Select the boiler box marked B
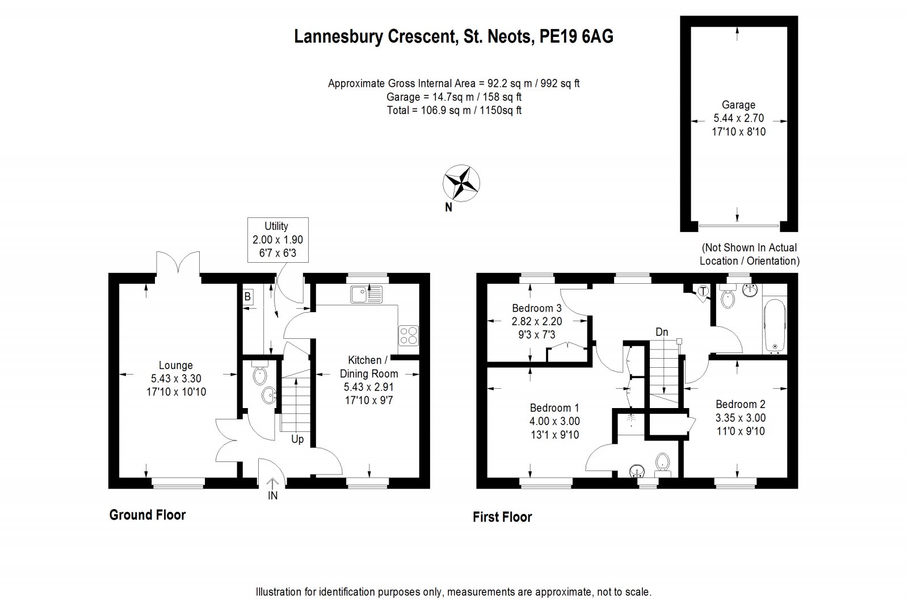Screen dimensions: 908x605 247,296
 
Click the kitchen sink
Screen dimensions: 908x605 367,295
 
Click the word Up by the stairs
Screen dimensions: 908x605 297,439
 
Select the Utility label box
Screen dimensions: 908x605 278,240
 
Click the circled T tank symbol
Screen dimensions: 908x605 703,292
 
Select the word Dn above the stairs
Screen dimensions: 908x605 662,333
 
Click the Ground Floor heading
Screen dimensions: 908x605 147,515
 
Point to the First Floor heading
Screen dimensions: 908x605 502,517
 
